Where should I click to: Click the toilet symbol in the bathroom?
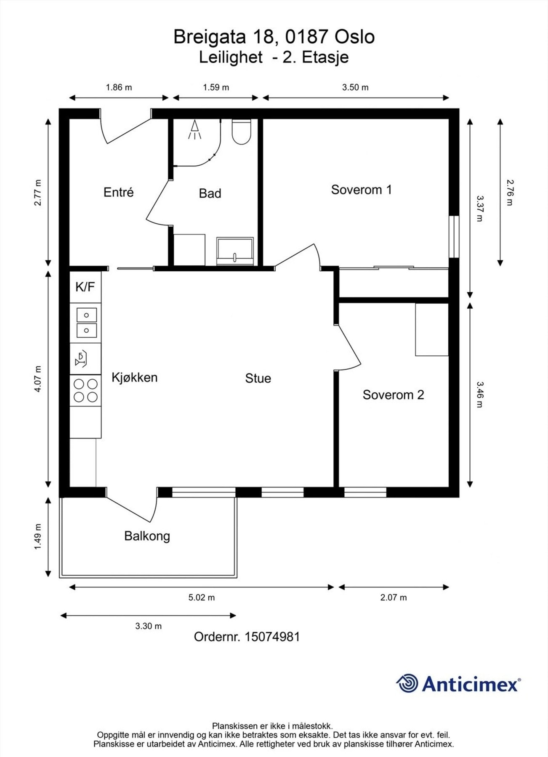[x=242, y=132]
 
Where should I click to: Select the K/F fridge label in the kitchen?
[x=85, y=287]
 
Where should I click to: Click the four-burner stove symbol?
[x=85, y=390]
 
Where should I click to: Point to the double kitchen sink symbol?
[x=86, y=323]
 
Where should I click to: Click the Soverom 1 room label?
[x=361, y=190]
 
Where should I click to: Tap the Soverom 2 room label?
[x=393, y=395]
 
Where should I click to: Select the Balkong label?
[x=147, y=536]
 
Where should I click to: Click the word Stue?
[x=258, y=378]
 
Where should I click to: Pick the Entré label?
[x=118, y=192]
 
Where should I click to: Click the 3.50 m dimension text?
[x=355, y=87]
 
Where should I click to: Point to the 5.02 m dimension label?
[x=202, y=598]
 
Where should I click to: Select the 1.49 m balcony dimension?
[x=38, y=536]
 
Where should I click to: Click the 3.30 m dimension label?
[x=148, y=626]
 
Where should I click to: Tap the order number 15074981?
[x=272, y=637]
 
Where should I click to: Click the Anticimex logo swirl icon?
[x=407, y=683]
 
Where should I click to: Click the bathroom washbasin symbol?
[x=235, y=251]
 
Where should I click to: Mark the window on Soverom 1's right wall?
[x=453, y=237]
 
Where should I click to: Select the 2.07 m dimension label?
[x=394, y=598]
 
